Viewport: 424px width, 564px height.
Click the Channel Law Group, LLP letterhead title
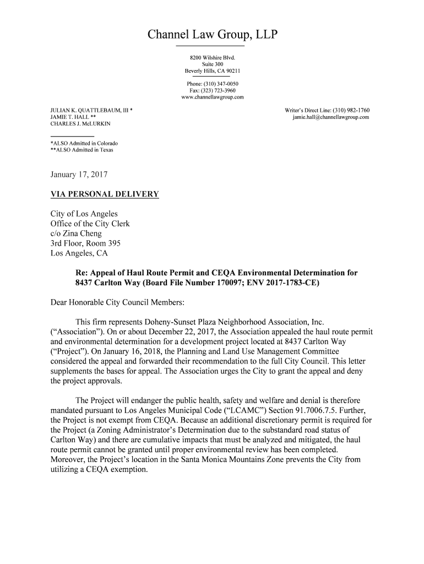click(212, 36)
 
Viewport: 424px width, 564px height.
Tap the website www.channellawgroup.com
click(212, 97)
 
